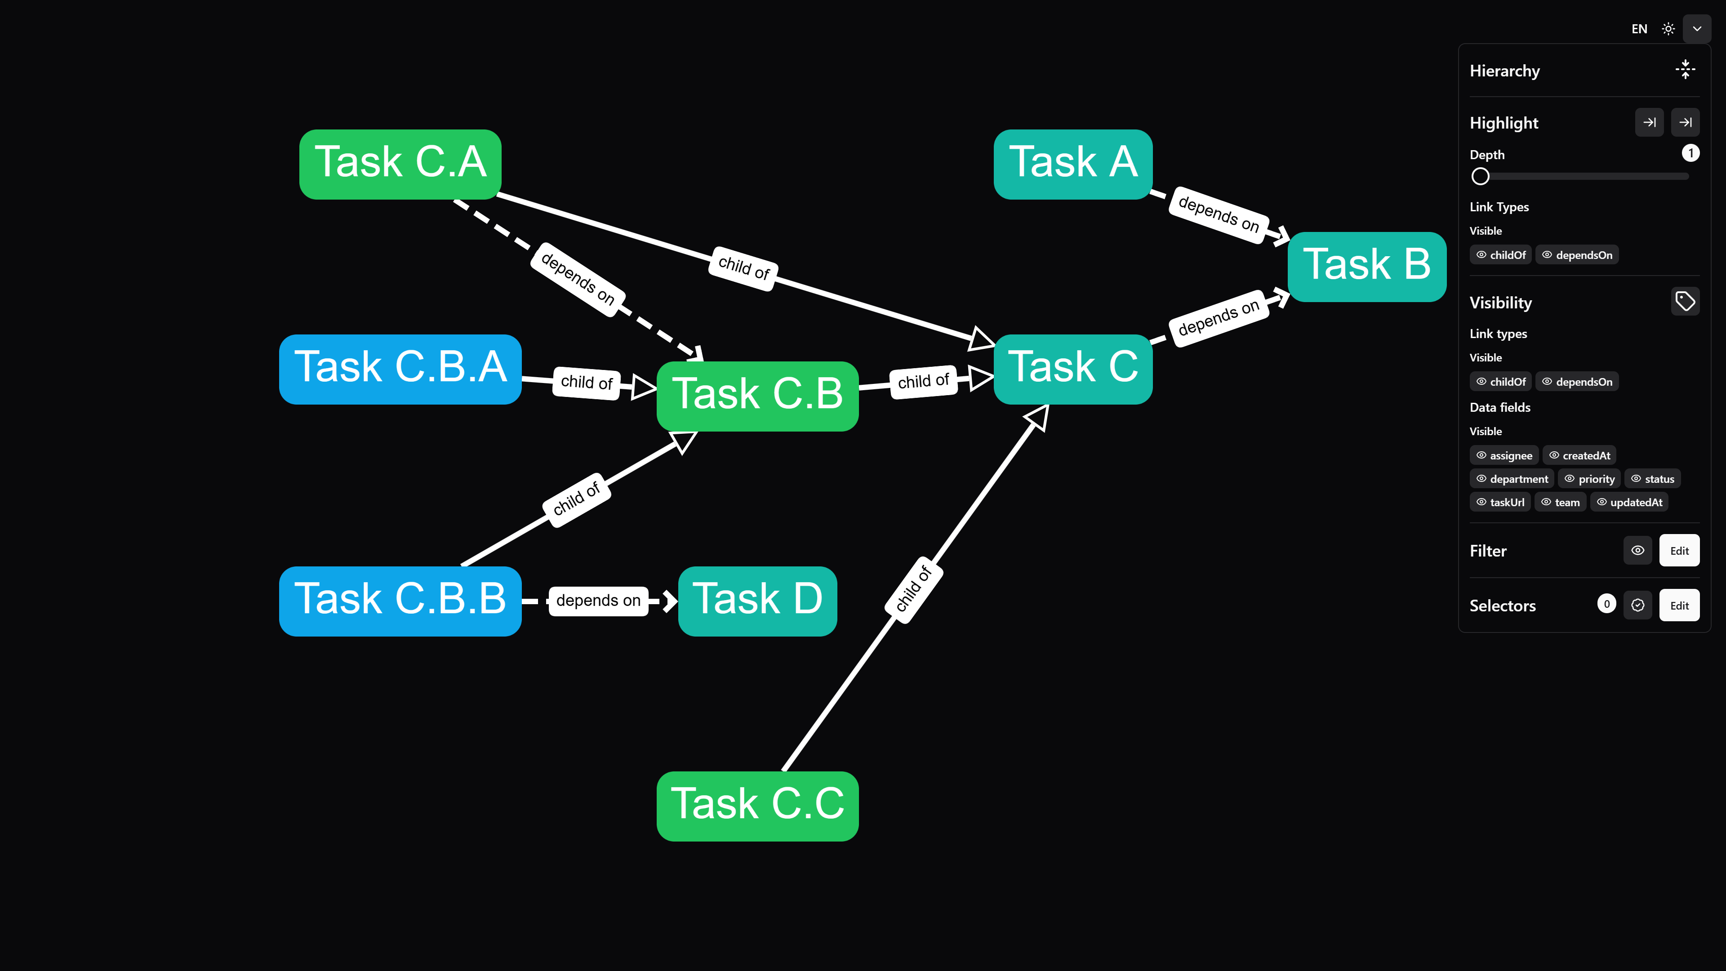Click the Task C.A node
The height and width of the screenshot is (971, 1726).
tap(400, 164)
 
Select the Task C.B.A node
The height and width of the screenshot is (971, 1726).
tap(400, 369)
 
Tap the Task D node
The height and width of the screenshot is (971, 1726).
tap(757, 601)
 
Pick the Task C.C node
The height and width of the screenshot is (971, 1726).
tap(757, 806)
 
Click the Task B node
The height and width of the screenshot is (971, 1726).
tap(1366, 267)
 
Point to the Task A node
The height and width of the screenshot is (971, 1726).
tap(1073, 164)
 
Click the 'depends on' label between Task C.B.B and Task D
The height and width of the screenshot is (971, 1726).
tap(598, 601)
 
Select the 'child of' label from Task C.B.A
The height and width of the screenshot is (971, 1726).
tap(586, 383)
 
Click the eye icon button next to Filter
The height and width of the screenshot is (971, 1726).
tap(1637, 551)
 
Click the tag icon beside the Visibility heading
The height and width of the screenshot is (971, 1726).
tap(1685, 302)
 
